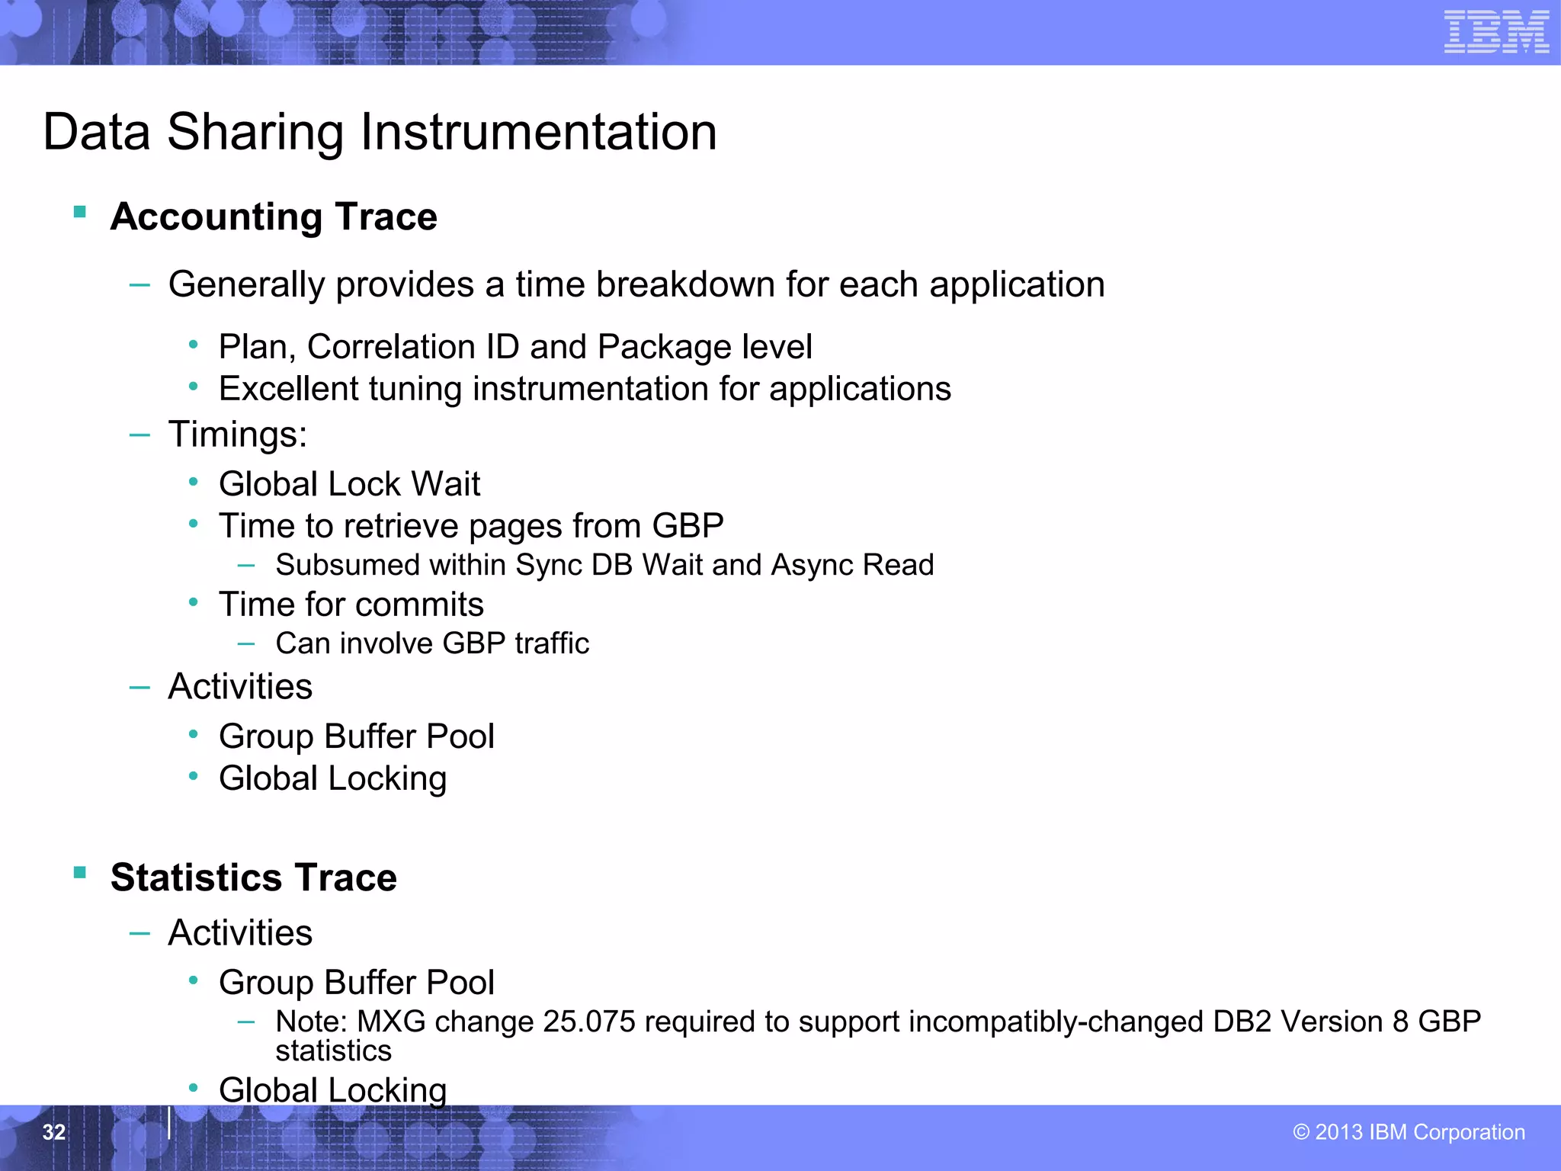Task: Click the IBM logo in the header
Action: [x=1495, y=32]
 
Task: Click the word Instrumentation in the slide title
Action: [x=538, y=132]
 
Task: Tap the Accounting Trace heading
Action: [x=274, y=217]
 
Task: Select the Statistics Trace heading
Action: [x=254, y=877]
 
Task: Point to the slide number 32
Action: [x=54, y=1132]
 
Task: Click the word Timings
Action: [x=237, y=435]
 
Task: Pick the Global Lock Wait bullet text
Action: [x=349, y=484]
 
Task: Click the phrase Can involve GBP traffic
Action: [x=432, y=643]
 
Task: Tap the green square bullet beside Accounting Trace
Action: [x=80, y=212]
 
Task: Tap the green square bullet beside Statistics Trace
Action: [x=80, y=873]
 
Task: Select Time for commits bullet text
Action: [x=351, y=605]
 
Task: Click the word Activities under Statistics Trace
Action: [x=240, y=933]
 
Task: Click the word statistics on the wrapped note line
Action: [x=333, y=1051]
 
